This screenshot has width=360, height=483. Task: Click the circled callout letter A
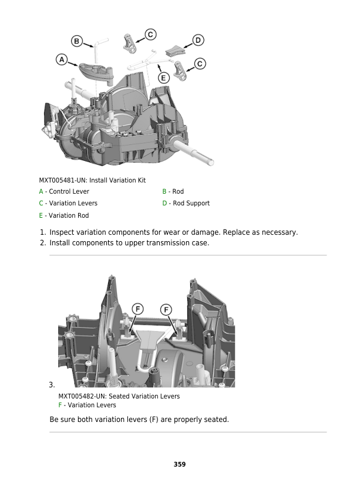(x=62, y=59)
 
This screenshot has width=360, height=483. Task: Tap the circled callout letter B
(x=77, y=41)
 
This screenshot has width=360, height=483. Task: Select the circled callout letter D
(x=198, y=40)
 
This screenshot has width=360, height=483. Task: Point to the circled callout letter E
(x=164, y=77)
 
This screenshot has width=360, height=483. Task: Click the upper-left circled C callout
(x=150, y=35)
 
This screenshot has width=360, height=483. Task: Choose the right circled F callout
(x=167, y=309)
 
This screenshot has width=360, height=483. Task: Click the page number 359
(x=180, y=464)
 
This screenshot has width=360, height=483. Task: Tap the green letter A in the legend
(x=41, y=192)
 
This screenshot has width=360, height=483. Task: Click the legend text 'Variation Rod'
(x=69, y=215)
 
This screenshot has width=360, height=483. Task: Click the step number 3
(x=52, y=385)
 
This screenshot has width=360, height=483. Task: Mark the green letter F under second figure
(x=60, y=405)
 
